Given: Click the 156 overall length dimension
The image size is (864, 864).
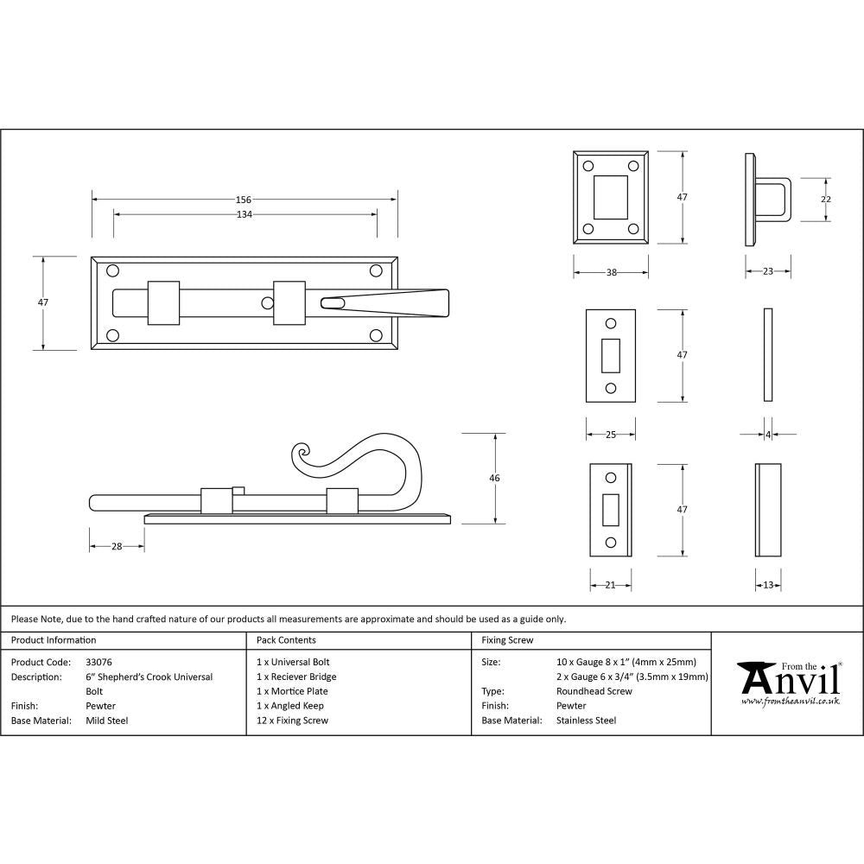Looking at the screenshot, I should click(x=245, y=200).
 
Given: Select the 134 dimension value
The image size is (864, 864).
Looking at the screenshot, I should click(x=245, y=214).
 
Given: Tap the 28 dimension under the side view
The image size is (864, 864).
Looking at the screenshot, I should click(x=117, y=546).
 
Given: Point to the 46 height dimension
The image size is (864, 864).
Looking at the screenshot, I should click(x=494, y=478).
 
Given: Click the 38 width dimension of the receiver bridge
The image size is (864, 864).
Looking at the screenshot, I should click(x=611, y=272).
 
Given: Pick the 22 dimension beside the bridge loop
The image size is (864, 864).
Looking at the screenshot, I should click(x=826, y=200).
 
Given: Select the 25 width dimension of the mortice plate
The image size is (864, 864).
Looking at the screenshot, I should click(x=611, y=435).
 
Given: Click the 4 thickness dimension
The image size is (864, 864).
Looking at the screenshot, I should click(x=768, y=435).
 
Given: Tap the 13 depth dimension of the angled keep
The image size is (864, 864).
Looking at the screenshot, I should click(x=768, y=585).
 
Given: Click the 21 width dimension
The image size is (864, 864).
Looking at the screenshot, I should click(x=610, y=585).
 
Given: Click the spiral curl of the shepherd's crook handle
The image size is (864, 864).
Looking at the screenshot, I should click(x=302, y=455).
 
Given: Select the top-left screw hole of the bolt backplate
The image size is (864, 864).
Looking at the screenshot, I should click(x=112, y=271).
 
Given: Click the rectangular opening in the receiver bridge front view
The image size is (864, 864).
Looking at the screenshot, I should click(x=611, y=196).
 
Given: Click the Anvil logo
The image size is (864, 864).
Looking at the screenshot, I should click(x=787, y=683).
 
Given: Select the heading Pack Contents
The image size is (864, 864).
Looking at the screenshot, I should click(x=286, y=640).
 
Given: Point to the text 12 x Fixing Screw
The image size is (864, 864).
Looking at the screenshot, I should click(x=293, y=720).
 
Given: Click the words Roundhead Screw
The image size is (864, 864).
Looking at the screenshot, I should click(x=594, y=691).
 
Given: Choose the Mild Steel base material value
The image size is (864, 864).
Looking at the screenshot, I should click(x=106, y=720).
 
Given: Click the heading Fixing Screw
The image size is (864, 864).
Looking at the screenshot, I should click(x=507, y=640).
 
